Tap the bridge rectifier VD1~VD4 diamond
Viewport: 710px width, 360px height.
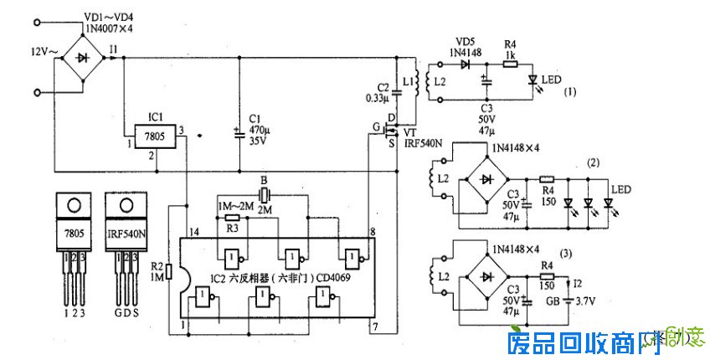tap(81, 59)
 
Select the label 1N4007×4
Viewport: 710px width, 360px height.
tap(110, 29)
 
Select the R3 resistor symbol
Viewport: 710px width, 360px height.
tap(232, 215)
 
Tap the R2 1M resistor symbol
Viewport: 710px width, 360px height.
tap(169, 272)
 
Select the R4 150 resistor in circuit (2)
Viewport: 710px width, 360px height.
tap(547, 178)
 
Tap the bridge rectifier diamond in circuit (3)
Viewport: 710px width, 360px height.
tap(487, 275)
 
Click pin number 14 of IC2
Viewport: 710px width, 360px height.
tap(194, 231)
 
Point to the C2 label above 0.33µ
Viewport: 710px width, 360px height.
tap(383, 87)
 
